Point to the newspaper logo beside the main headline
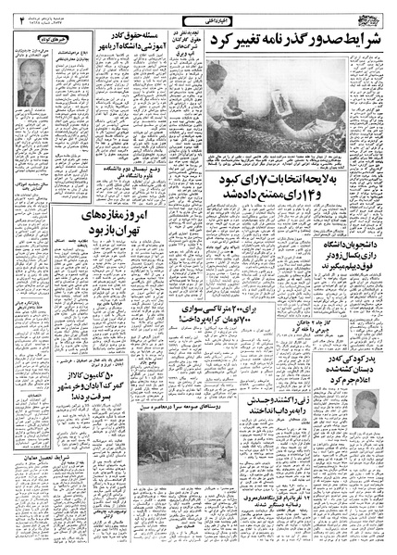(x=369, y=19)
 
